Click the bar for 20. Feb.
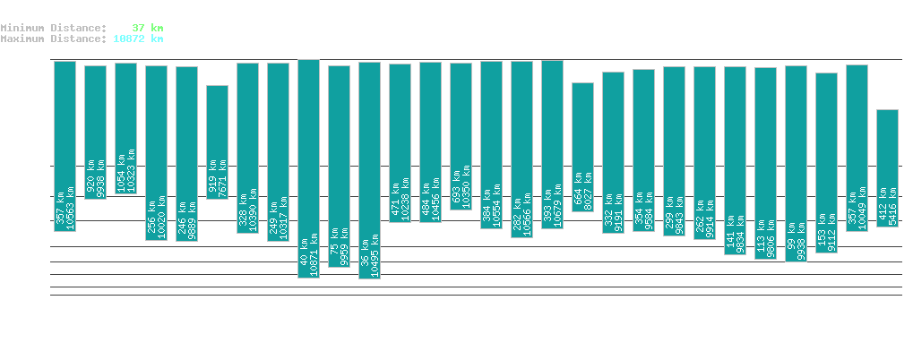[308, 168]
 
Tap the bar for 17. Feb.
[217, 141]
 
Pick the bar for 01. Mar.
[582, 146]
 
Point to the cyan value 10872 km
[138, 39]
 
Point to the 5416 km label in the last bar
[893, 204]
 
